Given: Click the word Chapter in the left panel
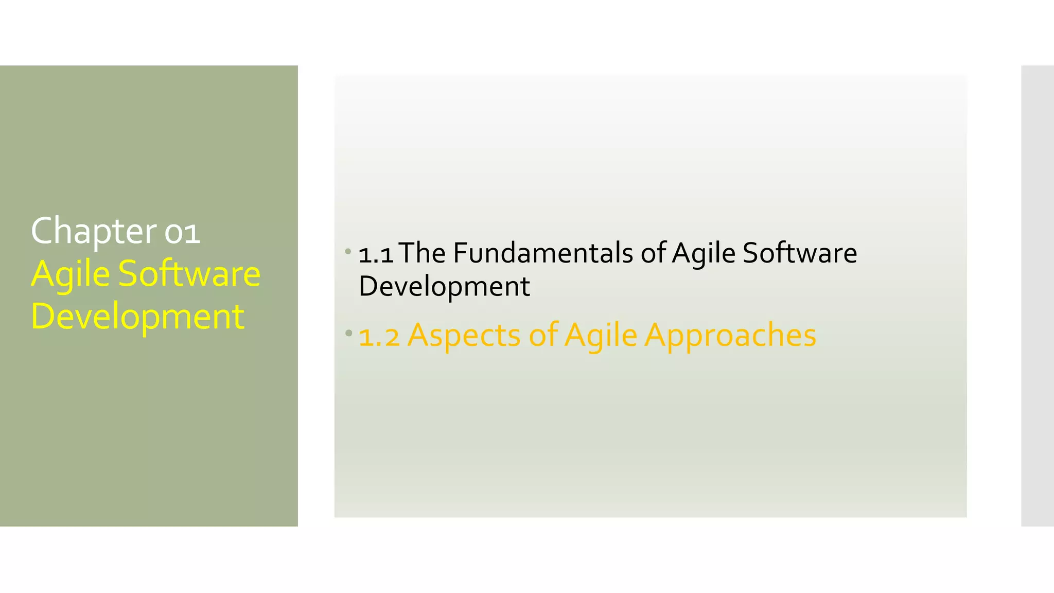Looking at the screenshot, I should (x=93, y=231).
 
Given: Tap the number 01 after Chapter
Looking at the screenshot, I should (x=182, y=232).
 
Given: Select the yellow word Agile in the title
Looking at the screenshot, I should (x=71, y=274).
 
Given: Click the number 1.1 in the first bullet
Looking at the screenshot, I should (x=376, y=254).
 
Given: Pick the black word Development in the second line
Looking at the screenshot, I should (x=444, y=286).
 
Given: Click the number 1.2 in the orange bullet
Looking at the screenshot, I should (x=379, y=336).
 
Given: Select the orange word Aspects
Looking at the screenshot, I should (x=464, y=336).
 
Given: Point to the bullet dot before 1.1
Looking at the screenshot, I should (x=348, y=252).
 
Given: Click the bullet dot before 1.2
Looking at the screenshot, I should (x=348, y=333).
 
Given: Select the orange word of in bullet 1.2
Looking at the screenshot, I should (x=543, y=336).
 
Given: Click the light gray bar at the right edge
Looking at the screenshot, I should (x=1037, y=295).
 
